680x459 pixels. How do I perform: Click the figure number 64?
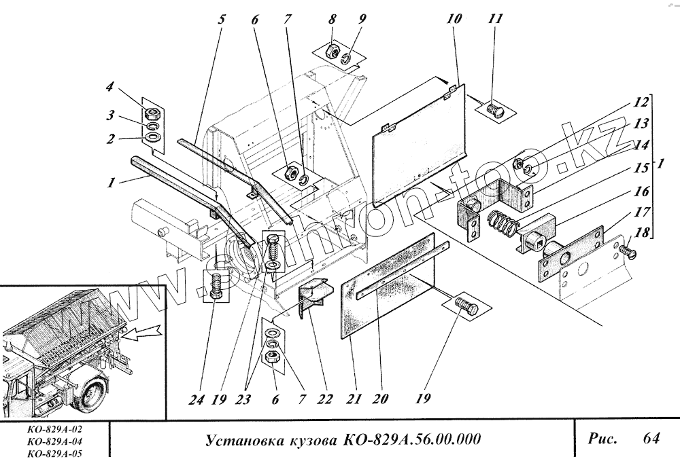click(651, 439)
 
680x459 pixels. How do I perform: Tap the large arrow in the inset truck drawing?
click(145, 331)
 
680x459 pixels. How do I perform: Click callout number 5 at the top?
click(221, 18)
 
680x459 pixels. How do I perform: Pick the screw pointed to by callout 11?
click(495, 107)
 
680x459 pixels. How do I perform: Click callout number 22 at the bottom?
click(325, 399)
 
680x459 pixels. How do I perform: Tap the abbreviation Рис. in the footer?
click(602, 439)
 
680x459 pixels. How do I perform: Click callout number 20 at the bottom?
click(381, 399)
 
